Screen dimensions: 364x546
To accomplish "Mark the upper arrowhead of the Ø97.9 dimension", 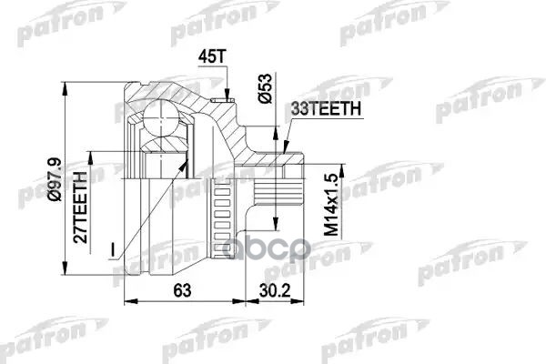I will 65,78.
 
